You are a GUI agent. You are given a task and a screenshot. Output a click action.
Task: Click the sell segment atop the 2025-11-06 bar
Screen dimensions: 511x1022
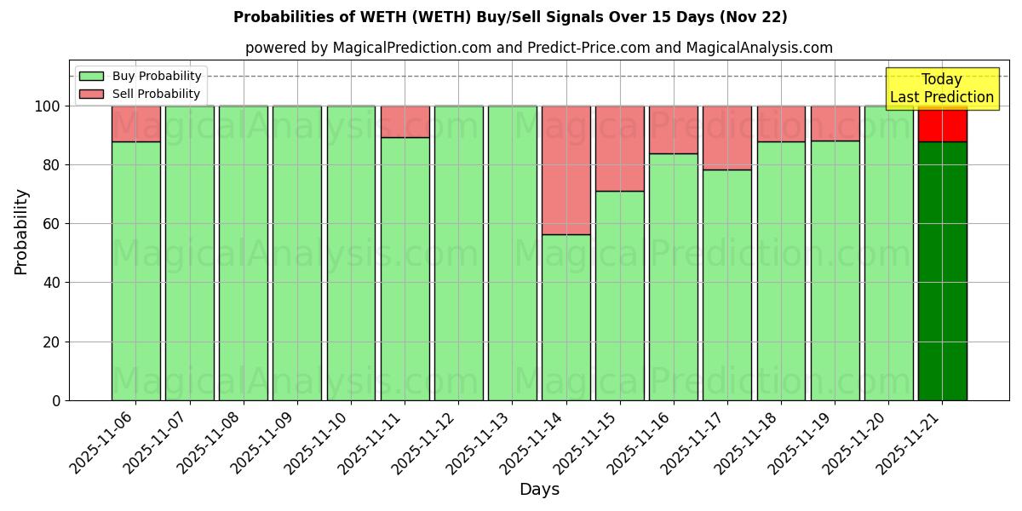click(x=135, y=123)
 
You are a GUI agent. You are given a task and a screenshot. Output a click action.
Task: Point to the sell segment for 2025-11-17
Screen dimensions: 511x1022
click(x=727, y=137)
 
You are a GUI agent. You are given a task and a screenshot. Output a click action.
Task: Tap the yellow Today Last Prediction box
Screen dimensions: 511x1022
click(x=942, y=89)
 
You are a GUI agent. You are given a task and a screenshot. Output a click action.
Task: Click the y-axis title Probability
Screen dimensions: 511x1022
click(x=21, y=232)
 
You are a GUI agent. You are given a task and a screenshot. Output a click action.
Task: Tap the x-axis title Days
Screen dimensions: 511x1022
click(x=539, y=490)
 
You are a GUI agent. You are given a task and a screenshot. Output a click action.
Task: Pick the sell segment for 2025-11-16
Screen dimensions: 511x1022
click(x=673, y=129)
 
